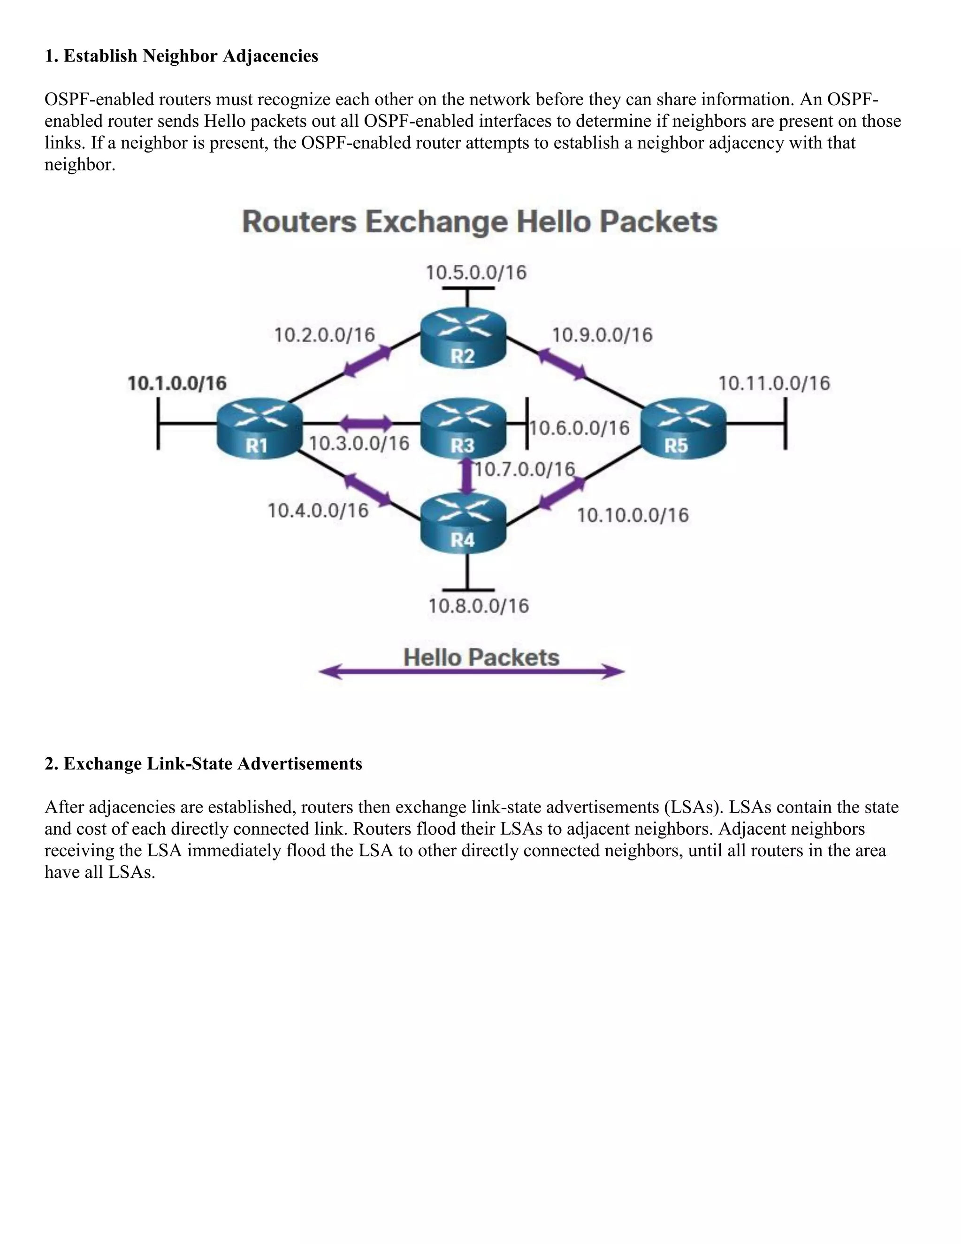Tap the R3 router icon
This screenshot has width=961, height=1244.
click(x=463, y=428)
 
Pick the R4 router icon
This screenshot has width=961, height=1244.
click(x=463, y=523)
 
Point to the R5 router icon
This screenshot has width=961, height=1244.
click(x=683, y=428)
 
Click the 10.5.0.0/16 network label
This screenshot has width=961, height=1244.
click(x=476, y=273)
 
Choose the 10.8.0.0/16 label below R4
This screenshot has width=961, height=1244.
click(x=479, y=606)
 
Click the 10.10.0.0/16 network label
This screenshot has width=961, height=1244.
click(x=633, y=515)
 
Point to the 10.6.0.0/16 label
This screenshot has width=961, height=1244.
click(x=580, y=428)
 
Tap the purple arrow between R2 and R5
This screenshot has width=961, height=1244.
click(x=562, y=364)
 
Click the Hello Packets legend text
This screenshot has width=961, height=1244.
click(x=481, y=658)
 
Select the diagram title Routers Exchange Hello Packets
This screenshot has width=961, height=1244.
click(x=480, y=222)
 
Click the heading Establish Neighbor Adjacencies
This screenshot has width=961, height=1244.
click(x=190, y=56)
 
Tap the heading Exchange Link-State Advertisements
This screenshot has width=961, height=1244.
click(x=213, y=763)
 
